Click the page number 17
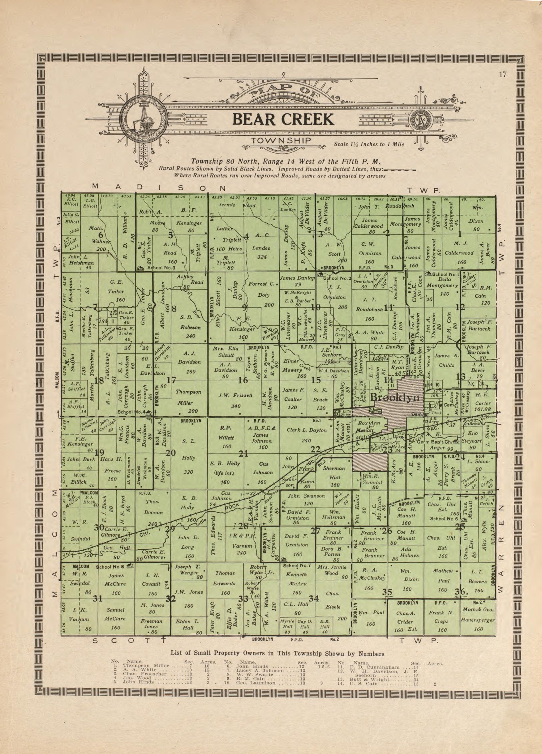[x=502, y=74]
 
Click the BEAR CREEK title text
[x=283, y=119]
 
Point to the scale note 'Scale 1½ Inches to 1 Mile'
[x=369, y=144]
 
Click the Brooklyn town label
[x=394, y=397]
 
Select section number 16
[x=243, y=380]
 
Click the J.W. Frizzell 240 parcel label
[x=234, y=400]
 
